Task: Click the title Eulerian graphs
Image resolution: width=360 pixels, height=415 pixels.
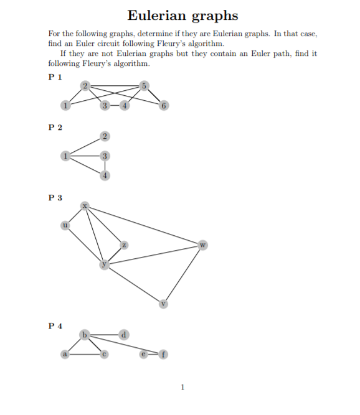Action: point(182,15)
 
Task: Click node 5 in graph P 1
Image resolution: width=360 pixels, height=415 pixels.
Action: point(144,85)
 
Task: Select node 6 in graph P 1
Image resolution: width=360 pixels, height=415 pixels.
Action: point(164,105)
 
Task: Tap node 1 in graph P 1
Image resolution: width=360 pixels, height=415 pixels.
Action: point(65,105)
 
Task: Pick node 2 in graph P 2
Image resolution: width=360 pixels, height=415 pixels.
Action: point(105,136)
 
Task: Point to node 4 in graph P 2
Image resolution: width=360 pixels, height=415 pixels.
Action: point(105,175)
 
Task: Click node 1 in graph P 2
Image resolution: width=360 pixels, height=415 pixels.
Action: point(65,156)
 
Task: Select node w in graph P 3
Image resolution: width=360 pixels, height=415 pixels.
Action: point(202,245)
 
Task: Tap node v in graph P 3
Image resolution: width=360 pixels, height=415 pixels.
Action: point(164,304)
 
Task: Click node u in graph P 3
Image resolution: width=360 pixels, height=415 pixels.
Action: point(65,225)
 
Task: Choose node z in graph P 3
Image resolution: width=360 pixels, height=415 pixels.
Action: point(124,245)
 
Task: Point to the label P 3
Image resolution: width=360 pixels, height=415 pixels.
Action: point(55,198)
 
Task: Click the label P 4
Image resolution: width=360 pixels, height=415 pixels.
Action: point(55,326)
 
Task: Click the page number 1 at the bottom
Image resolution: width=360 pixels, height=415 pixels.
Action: point(182,387)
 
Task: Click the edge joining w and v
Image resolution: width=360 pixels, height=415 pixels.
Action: point(183,274)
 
